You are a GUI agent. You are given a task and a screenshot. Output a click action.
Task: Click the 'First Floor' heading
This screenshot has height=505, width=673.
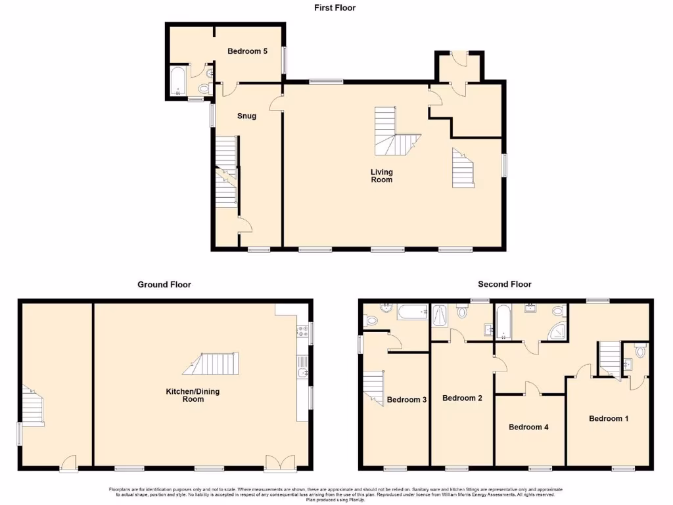coord(336,8)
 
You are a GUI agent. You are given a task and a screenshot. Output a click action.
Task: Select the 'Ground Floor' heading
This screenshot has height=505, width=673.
coord(164,285)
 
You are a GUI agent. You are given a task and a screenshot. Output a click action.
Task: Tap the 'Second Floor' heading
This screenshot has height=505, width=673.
coord(505,284)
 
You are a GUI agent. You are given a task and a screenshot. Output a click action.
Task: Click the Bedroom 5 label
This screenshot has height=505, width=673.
coord(247,51)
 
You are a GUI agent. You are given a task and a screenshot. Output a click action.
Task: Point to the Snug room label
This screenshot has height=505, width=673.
coord(246,116)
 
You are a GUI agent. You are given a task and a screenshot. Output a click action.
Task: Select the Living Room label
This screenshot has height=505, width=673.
coord(381,176)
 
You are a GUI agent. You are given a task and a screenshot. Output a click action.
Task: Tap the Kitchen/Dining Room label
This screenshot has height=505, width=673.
coord(193,395)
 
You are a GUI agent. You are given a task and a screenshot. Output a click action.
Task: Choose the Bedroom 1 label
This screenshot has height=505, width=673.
coord(609,418)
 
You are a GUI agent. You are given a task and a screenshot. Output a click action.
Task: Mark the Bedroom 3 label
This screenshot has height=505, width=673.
coord(407,400)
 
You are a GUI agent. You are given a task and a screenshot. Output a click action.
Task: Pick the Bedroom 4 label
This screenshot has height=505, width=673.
coord(528,427)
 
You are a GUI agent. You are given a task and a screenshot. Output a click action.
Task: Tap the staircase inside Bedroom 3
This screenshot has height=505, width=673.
coord(373,387)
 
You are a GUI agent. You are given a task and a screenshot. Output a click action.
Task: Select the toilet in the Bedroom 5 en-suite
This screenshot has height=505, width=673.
coord(204,89)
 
